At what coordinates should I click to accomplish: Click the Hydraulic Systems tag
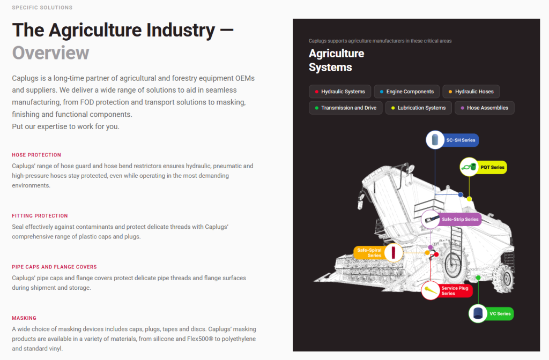click(x=339, y=92)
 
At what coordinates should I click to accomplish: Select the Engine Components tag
click(x=406, y=92)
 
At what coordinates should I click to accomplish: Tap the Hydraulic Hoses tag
click(x=471, y=92)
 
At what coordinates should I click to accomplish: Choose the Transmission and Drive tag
click(x=346, y=108)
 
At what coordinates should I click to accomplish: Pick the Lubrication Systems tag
click(x=418, y=108)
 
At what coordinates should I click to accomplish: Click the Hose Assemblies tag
click(x=485, y=108)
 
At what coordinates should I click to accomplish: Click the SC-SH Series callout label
click(x=461, y=140)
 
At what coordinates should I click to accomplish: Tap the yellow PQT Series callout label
click(x=492, y=167)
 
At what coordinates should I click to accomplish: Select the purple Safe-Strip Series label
click(x=459, y=219)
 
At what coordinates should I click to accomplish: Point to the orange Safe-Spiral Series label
click(x=370, y=253)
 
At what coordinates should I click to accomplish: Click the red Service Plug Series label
click(x=455, y=291)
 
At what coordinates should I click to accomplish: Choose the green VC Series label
click(x=500, y=313)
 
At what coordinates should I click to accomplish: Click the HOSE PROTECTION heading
click(x=36, y=155)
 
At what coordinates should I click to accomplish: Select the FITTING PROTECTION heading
click(x=40, y=216)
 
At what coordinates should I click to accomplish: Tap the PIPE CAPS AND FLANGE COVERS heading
click(x=54, y=267)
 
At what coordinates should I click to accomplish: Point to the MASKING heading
click(x=24, y=318)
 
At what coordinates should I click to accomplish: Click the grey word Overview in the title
click(x=50, y=53)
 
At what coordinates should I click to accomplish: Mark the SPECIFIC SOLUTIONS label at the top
click(x=42, y=7)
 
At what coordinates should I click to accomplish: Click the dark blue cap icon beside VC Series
click(x=478, y=313)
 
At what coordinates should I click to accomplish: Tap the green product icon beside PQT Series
click(x=469, y=167)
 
